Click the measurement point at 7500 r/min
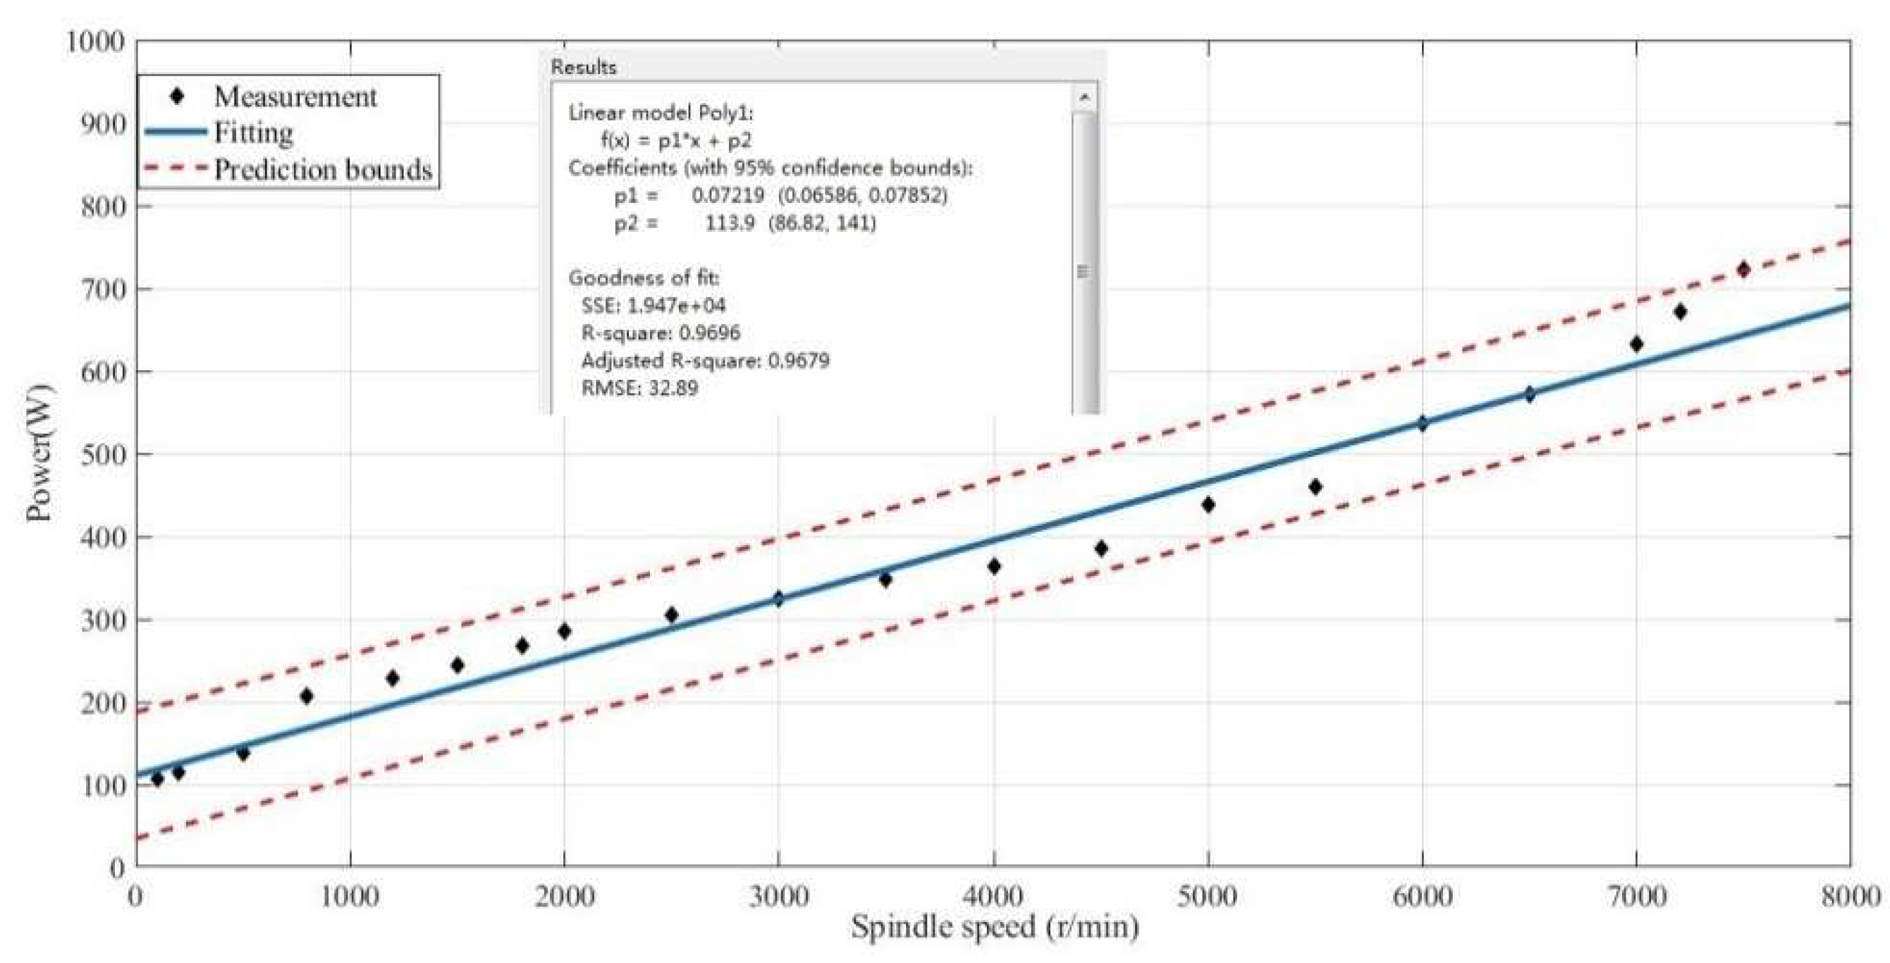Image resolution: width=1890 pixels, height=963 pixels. pyautogui.click(x=1743, y=270)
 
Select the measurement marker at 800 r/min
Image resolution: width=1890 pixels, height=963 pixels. pyautogui.click(x=307, y=696)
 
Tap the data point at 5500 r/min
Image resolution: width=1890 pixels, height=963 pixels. pyautogui.click(x=1315, y=486)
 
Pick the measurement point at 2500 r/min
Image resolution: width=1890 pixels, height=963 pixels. pyautogui.click(x=670, y=615)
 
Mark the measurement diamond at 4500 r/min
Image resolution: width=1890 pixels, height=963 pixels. pyautogui.click(x=1100, y=548)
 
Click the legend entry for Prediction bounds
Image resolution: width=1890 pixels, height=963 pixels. pyautogui.click(x=323, y=169)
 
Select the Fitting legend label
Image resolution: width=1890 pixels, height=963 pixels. pyautogui.click(x=253, y=133)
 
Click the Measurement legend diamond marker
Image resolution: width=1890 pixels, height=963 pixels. pyautogui.click(x=176, y=96)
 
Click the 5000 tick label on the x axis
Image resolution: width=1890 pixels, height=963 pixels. pyautogui.click(x=1207, y=896)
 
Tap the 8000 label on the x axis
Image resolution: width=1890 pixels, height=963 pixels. pyautogui.click(x=1849, y=896)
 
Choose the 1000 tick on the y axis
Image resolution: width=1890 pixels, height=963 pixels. pyautogui.click(x=95, y=41)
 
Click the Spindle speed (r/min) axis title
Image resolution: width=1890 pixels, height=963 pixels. pyautogui.click(x=994, y=927)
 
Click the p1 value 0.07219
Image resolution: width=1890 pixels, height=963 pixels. pyautogui.click(x=728, y=195)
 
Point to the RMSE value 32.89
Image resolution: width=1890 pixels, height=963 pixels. pyautogui.click(x=673, y=388)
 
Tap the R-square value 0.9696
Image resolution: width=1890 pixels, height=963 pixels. pyautogui.click(x=709, y=333)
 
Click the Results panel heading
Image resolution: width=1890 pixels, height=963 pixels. pyautogui.click(x=583, y=68)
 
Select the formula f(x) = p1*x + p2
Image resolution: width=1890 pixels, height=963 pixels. pyautogui.click(x=676, y=140)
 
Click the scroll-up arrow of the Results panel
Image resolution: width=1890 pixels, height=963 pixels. pyautogui.click(x=1084, y=97)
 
